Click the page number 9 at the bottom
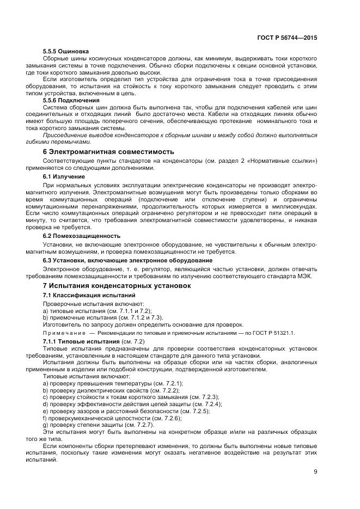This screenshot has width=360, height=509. [x=315, y=471]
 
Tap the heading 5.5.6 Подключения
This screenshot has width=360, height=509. [x=71, y=100]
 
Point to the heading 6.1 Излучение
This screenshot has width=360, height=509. [x=64, y=177]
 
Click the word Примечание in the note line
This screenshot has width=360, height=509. [x=64, y=332]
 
